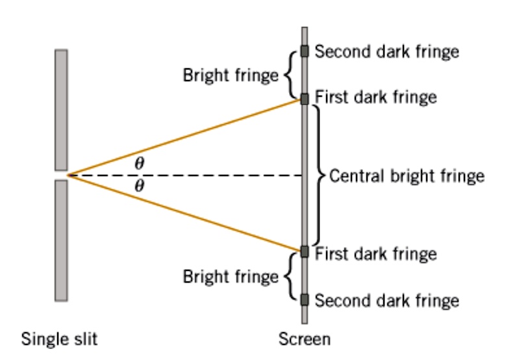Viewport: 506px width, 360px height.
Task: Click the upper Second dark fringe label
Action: pos(387,51)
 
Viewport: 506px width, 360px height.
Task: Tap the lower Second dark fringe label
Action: pos(387,301)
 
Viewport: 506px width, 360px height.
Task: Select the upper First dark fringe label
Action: pos(375,97)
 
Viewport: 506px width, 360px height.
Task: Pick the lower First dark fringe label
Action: pos(375,253)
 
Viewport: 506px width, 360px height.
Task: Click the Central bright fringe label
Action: pos(407,176)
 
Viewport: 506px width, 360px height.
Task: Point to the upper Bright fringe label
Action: pos(230,75)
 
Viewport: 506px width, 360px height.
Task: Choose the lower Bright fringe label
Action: pos(230,277)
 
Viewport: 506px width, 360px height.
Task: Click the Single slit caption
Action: pos(60,339)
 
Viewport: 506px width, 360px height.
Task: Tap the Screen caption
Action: pos(304,339)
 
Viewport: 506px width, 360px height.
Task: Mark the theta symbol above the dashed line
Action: pos(139,163)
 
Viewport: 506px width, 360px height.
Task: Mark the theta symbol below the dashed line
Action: pos(139,186)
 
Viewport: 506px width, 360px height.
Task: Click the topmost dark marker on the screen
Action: pos(304,51)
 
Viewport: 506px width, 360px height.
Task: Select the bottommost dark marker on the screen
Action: pos(304,300)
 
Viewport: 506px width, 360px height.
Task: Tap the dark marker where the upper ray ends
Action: pos(304,99)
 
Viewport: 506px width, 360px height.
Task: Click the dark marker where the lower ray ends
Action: pos(304,251)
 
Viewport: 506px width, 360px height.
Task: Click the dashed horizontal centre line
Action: pos(221,175)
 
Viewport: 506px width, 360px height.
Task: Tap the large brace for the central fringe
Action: pos(318,175)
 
